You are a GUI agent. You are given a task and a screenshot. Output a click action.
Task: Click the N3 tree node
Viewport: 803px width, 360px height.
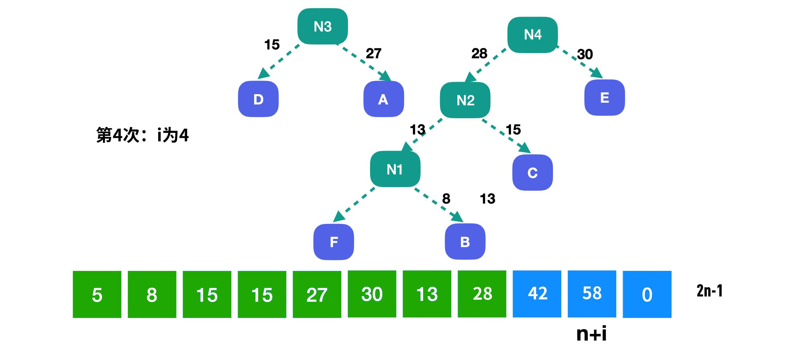coord(323,26)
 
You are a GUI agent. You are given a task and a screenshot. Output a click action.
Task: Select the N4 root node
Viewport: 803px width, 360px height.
coord(533,35)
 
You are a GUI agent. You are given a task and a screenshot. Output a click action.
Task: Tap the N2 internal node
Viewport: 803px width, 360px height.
coord(465,100)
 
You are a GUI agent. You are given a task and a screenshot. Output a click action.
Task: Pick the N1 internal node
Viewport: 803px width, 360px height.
coord(395,169)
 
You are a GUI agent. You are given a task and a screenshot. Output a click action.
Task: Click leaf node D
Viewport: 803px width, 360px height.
coord(258,99)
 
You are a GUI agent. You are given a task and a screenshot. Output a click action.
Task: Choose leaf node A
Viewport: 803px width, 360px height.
coord(384,99)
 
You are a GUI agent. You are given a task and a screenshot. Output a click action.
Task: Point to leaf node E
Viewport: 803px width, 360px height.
coord(604,97)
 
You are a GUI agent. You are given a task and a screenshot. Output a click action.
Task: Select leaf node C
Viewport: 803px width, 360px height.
coord(532,172)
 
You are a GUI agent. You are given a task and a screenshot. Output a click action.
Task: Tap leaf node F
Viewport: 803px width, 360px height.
coord(334,242)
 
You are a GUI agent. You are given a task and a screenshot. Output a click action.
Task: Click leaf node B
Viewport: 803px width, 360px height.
coord(465,241)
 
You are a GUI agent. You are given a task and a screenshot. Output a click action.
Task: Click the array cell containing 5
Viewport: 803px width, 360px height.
coord(97,294)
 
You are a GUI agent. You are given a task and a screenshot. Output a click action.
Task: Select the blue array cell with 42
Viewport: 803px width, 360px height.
coord(537,294)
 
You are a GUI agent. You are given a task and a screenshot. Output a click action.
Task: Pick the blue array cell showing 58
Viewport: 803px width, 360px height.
coord(592,294)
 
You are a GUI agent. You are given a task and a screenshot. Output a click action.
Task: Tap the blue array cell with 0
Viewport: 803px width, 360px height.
coord(647,294)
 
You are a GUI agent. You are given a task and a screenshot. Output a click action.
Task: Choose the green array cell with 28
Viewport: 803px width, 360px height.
coord(482,294)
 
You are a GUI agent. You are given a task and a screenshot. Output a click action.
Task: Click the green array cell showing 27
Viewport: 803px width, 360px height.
coord(317,294)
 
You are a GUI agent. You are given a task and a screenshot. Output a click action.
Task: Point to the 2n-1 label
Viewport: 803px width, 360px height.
coord(709,291)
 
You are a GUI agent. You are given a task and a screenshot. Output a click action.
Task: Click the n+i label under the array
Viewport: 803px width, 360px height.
coord(591,334)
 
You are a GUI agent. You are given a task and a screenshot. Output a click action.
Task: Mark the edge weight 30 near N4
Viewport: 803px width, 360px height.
coord(585,54)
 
